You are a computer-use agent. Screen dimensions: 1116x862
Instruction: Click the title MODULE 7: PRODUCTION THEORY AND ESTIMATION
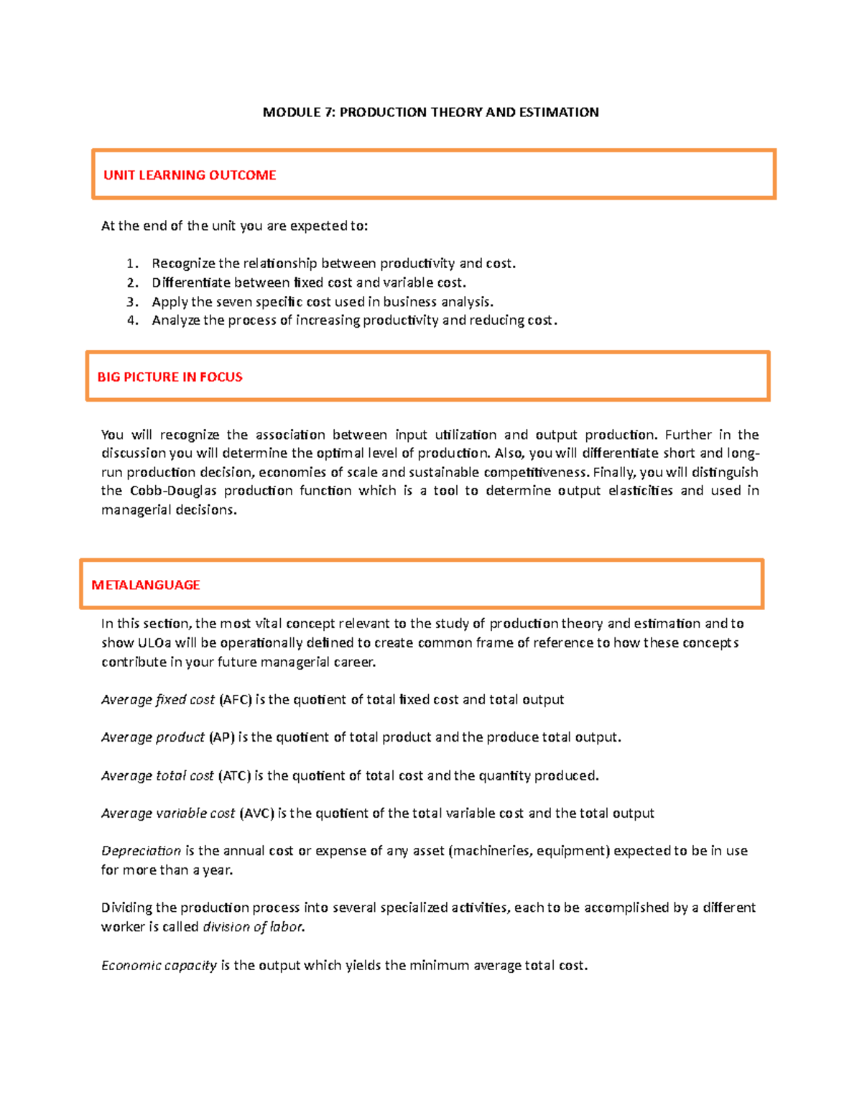tap(430, 112)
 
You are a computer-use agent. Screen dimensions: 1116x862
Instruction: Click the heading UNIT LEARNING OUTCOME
tap(190, 175)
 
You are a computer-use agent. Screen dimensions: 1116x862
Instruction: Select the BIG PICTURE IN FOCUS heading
tap(170, 377)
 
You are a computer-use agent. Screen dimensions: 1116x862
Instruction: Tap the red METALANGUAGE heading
tap(145, 585)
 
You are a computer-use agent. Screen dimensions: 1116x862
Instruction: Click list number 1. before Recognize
tap(132, 264)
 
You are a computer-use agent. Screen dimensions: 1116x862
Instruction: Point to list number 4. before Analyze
tap(132, 320)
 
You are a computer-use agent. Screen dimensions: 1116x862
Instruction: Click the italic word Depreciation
tap(141, 851)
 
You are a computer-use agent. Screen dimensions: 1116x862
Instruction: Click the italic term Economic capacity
tap(159, 966)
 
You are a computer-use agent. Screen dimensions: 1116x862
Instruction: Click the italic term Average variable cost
tap(168, 813)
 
